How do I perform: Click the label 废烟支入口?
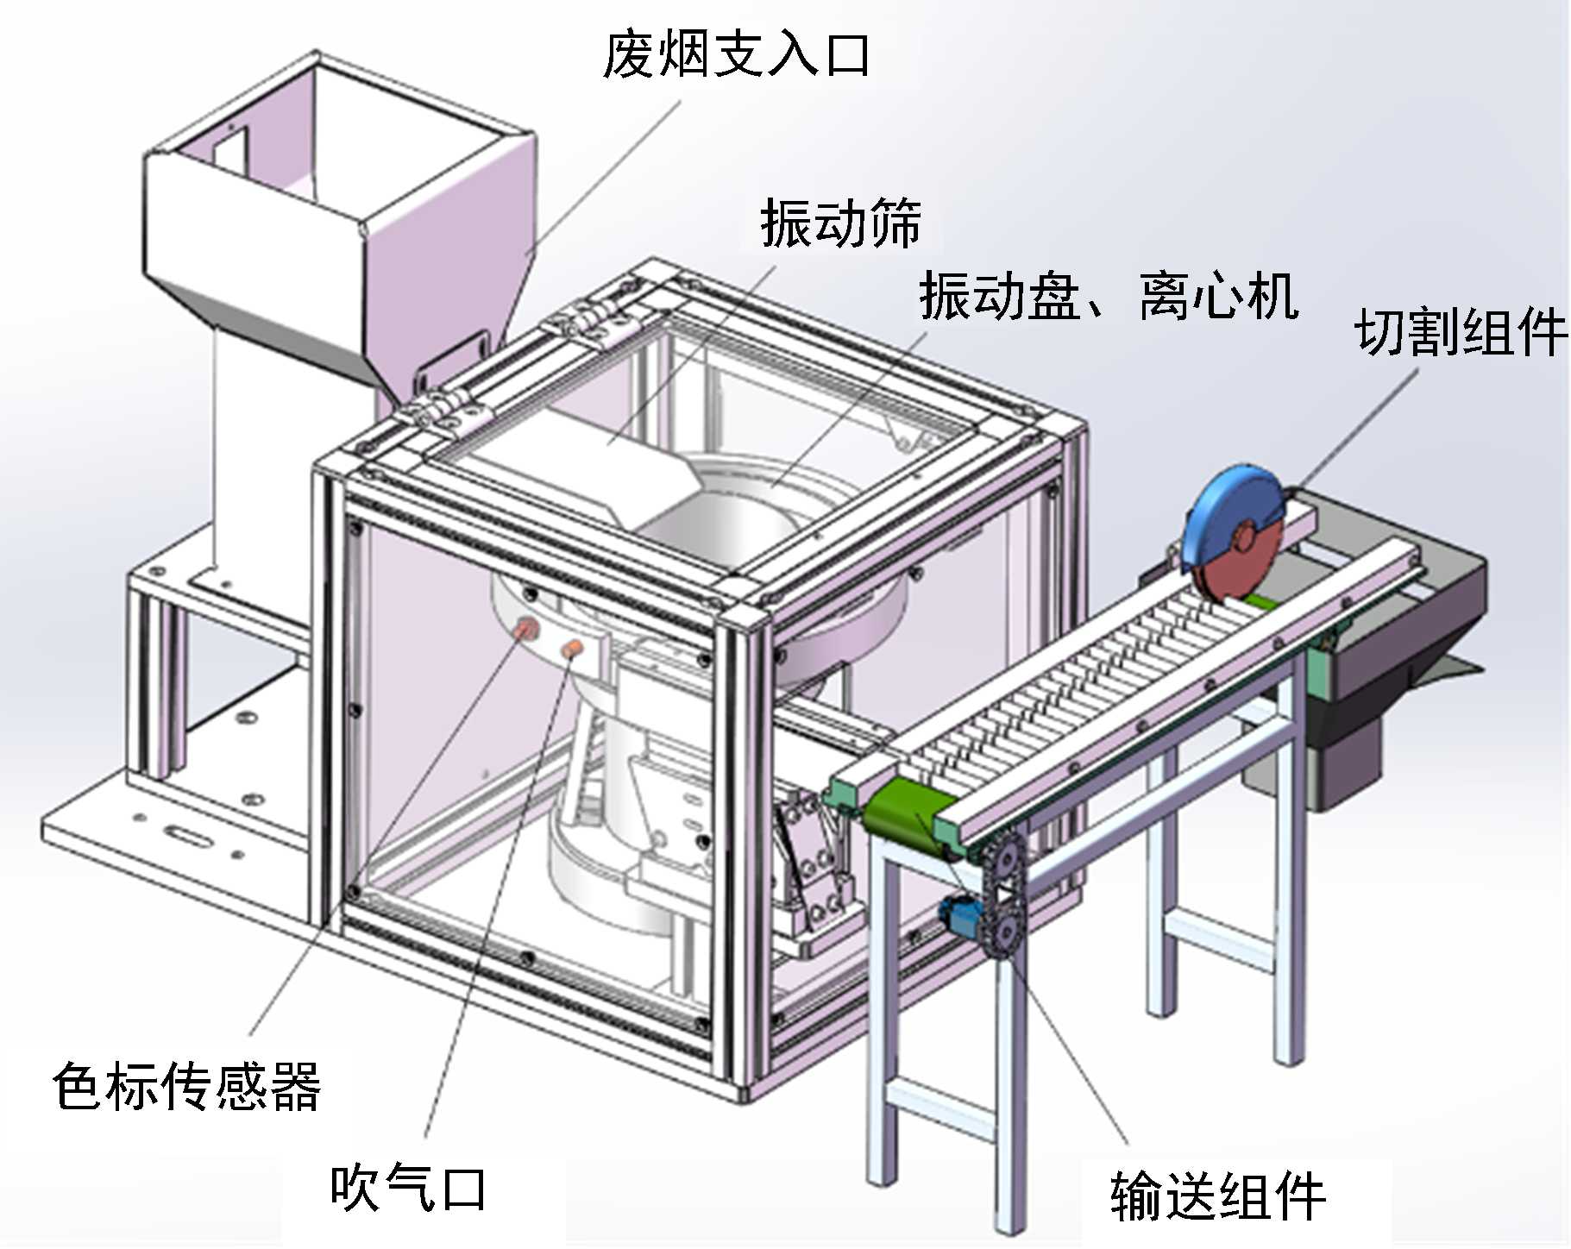point(735,55)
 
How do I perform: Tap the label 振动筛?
point(840,223)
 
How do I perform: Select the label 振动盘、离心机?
point(1109,296)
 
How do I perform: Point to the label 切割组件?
point(1460,332)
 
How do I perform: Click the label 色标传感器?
point(186,1086)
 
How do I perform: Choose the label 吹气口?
point(408,1188)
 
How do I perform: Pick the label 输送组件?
point(1217,1196)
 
